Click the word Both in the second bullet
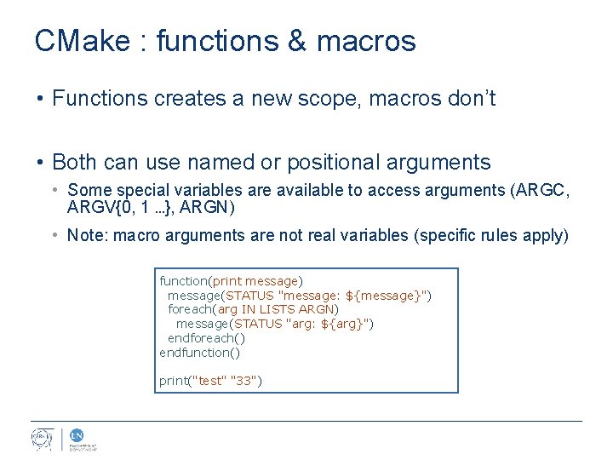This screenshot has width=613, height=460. tap(74, 162)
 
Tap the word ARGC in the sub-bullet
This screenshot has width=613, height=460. tap(547, 190)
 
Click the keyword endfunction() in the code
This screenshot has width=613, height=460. tap(200, 352)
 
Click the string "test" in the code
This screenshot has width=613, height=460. tap(210, 381)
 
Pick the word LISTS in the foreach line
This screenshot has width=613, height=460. tap(278, 309)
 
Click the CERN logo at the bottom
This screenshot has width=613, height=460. tap(42, 440)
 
